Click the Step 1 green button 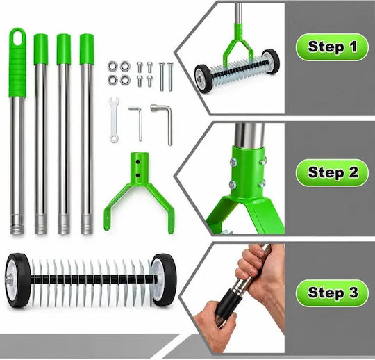pyautogui.click(x=332, y=47)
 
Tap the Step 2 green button pyautogui.click(x=332, y=172)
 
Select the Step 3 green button pyautogui.click(x=332, y=293)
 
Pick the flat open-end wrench pyautogui.click(x=115, y=120)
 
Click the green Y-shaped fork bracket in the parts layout pyautogui.click(x=139, y=192)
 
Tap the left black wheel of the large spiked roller pyautogui.click(x=18, y=280)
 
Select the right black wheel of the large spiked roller pyautogui.click(x=164, y=280)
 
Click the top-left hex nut pyautogui.click(x=112, y=66)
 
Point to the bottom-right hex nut pyautogui.click(x=124, y=80)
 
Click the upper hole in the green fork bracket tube pyautogui.click(x=138, y=162)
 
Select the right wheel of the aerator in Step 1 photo pyautogui.click(x=271, y=60)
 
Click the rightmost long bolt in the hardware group pyautogui.click(x=170, y=76)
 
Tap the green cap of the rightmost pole pyautogui.click(x=87, y=49)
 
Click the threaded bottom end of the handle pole pyautogui.click(x=17, y=224)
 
